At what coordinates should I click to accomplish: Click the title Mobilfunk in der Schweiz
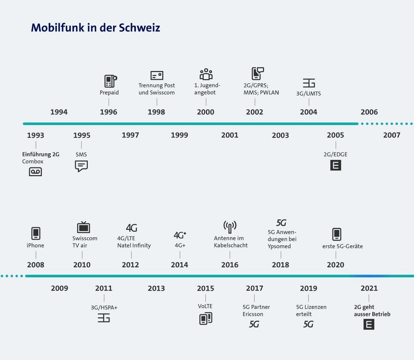[95, 27]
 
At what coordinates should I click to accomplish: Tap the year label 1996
[108, 112]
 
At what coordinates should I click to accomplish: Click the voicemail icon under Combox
[35, 171]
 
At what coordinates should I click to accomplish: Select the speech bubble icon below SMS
[81, 166]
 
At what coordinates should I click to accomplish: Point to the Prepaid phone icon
[110, 81]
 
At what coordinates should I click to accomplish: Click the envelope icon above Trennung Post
[156, 75]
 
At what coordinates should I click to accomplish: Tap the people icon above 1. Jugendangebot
[206, 75]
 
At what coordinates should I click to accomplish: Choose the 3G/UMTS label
[308, 94]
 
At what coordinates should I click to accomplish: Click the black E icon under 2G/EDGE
[335, 166]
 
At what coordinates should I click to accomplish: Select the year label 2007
[392, 135]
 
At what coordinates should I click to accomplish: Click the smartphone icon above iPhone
[36, 233]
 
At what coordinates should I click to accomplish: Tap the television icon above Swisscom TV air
[83, 227]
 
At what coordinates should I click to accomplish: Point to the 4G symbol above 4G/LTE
[131, 228]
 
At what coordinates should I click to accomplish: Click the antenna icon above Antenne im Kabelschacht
[230, 227]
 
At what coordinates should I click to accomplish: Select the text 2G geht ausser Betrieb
[372, 311]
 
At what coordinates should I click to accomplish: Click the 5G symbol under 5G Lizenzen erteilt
[308, 324]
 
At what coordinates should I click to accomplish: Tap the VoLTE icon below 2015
[206, 319]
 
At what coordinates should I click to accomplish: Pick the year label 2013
[156, 288]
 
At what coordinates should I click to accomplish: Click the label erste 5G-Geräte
[342, 246]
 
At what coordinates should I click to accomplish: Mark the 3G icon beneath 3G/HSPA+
[103, 318]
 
